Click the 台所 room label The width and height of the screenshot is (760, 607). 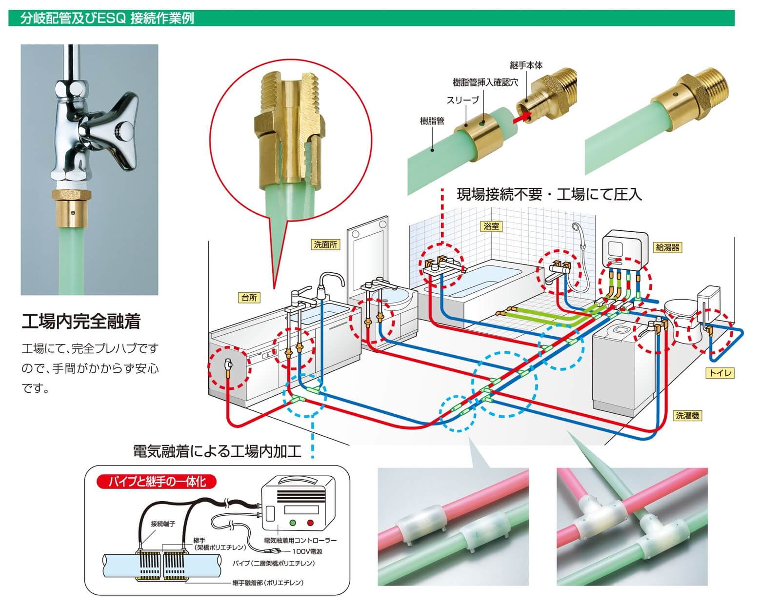coord(249,298)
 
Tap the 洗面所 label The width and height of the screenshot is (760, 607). coord(325,245)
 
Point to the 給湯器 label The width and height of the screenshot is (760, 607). coord(667,247)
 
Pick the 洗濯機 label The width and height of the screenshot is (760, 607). coord(688,416)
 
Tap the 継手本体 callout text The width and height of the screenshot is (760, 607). coord(526,65)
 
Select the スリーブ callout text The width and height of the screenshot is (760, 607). coord(463,100)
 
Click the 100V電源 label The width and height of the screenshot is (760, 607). coord(307,552)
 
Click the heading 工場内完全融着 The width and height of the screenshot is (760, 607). coord(81,322)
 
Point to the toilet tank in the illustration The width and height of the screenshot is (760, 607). coord(710,300)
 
